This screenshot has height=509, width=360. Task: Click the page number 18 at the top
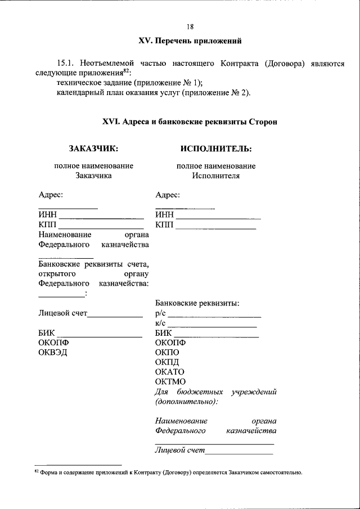pyautogui.click(x=190, y=26)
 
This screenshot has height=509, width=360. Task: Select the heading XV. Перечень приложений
pyautogui.click(x=190, y=41)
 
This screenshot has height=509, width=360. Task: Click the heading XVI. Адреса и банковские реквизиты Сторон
pyautogui.click(x=190, y=121)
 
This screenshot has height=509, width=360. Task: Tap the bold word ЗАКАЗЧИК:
pyautogui.click(x=93, y=149)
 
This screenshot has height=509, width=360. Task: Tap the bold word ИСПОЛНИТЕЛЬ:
pyautogui.click(x=215, y=149)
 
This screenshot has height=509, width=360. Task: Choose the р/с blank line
pyautogui.click(x=214, y=316)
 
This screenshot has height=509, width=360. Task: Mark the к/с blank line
pyautogui.click(x=212, y=326)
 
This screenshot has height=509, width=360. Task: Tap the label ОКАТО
pyautogui.click(x=169, y=372)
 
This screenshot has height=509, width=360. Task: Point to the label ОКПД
pyautogui.click(x=167, y=362)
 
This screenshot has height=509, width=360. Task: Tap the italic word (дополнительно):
pyautogui.click(x=186, y=402)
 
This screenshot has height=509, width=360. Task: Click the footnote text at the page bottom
pyautogui.click(x=169, y=473)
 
